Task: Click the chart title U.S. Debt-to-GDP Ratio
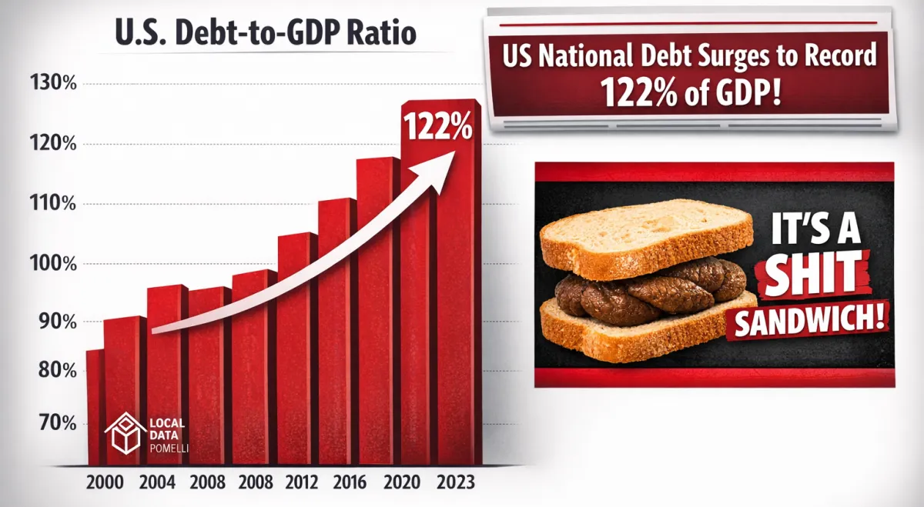click(265, 35)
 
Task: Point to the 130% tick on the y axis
click(52, 83)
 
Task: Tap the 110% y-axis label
click(52, 204)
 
